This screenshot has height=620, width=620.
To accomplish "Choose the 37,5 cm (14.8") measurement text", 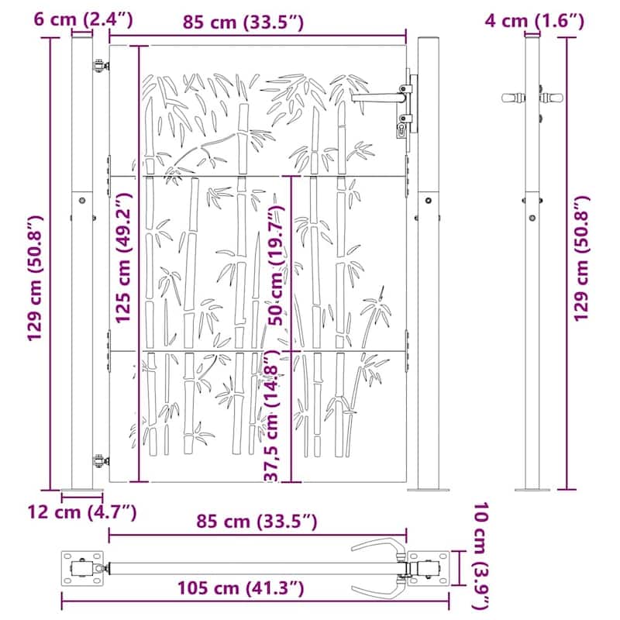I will click(270, 415).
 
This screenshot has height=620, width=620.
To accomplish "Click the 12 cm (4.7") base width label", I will click(81, 511).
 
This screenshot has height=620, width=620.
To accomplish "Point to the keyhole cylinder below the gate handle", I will click(401, 130).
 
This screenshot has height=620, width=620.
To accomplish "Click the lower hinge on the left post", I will click(99, 461).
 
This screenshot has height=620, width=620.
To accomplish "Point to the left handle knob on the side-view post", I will click(511, 98).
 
